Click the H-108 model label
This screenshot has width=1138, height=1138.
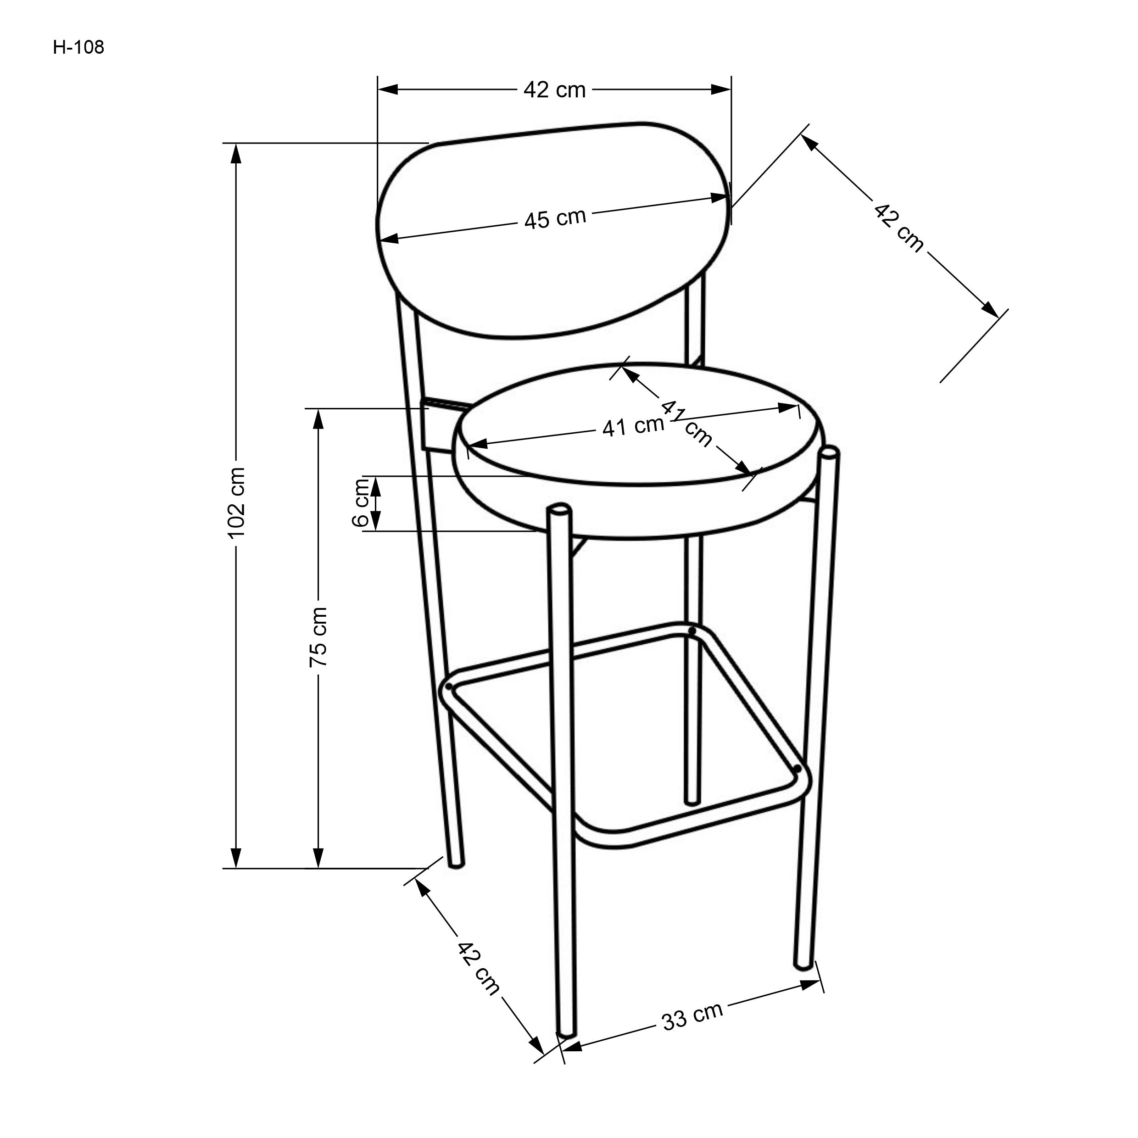(x=78, y=48)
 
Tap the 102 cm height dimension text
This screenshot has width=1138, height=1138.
(x=237, y=502)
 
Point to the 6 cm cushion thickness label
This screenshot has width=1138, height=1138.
(x=361, y=503)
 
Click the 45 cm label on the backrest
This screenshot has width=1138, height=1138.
(x=555, y=218)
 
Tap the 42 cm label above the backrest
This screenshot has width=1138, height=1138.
(x=554, y=90)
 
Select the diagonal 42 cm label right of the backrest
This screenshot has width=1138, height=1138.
(x=898, y=228)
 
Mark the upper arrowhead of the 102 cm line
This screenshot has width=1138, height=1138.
(x=236, y=154)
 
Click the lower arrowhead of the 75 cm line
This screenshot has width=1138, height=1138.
(x=318, y=858)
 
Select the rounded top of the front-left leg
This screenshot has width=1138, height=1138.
(x=558, y=509)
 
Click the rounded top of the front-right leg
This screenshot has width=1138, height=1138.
(x=829, y=453)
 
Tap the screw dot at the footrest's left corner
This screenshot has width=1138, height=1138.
(x=449, y=687)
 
